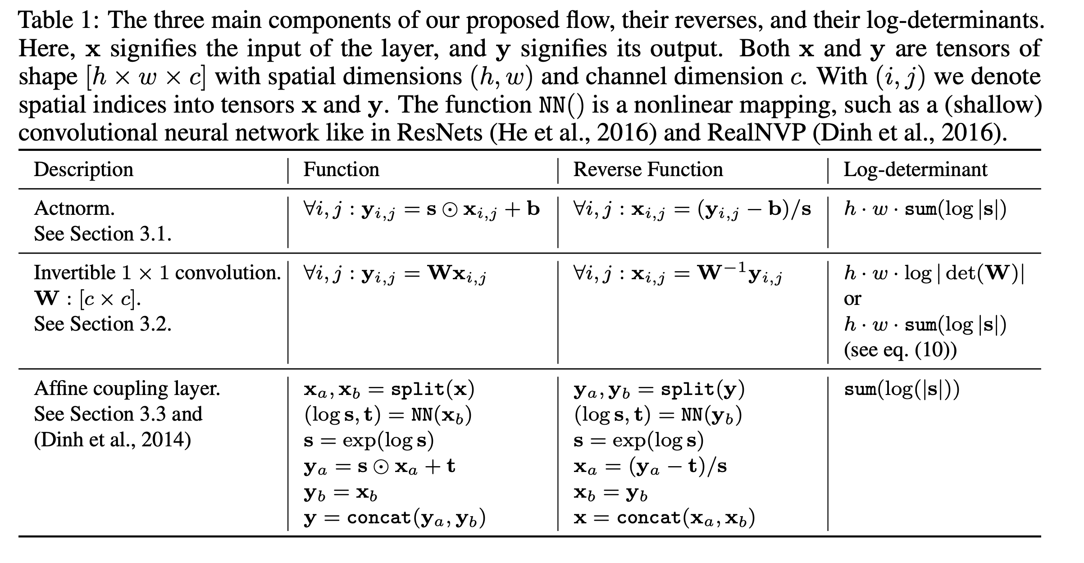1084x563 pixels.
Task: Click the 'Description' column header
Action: point(83,170)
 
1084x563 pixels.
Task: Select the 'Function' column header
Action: point(341,170)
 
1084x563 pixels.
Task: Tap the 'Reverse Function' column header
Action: point(647,170)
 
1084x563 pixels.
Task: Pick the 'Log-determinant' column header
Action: point(915,170)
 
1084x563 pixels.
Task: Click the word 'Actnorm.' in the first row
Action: point(74,209)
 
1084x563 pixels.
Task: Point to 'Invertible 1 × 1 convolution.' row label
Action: point(157,273)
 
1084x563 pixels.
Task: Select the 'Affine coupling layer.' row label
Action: point(127,389)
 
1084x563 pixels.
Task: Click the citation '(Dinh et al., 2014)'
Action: point(112,440)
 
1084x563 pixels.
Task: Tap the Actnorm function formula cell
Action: point(422,210)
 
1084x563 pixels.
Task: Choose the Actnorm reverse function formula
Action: point(692,210)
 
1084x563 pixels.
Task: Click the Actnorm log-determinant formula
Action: point(925,210)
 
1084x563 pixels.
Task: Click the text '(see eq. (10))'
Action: point(900,350)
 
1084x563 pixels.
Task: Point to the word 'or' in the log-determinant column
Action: point(852,299)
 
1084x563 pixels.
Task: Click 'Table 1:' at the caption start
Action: point(57,20)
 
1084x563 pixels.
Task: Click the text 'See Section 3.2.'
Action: point(103,324)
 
